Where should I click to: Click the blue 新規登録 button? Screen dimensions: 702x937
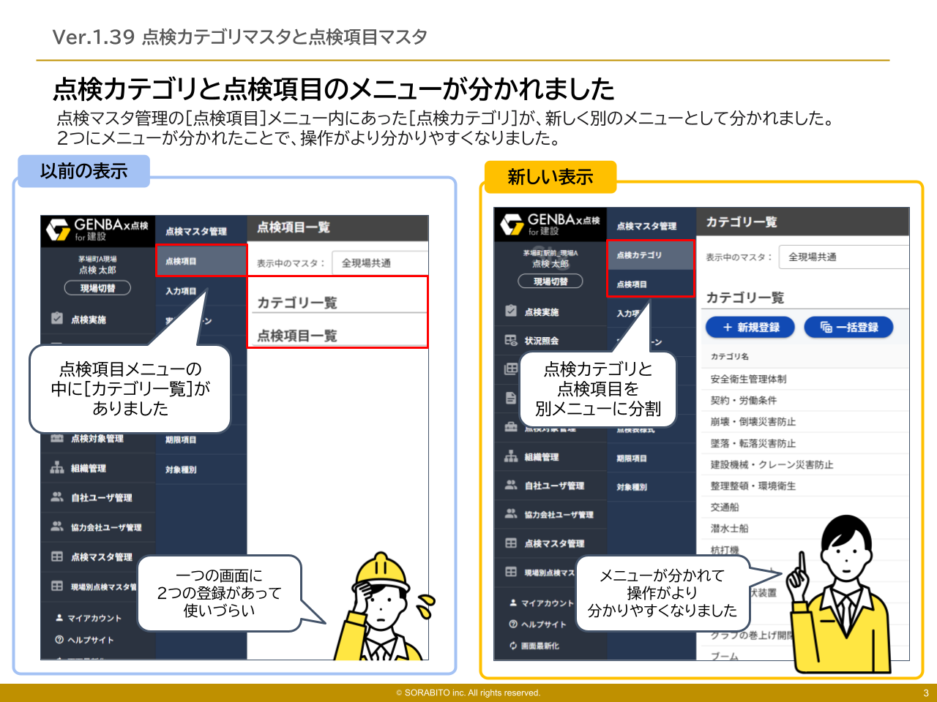click(x=750, y=327)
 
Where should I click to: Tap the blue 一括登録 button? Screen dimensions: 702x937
click(x=848, y=327)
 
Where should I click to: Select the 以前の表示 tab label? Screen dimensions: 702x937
click(x=83, y=171)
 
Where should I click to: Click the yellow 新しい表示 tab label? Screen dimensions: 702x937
click(x=550, y=177)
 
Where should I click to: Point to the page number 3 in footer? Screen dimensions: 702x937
click(x=925, y=693)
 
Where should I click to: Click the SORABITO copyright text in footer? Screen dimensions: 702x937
click(x=468, y=693)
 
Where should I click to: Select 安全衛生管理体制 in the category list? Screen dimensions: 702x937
click(x=748, y=379)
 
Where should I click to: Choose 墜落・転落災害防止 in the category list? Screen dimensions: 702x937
click(x=753, y=443)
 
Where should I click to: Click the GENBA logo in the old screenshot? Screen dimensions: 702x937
click(x=97, y=229)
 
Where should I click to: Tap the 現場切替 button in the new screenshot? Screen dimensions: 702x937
click(x=550, y=282)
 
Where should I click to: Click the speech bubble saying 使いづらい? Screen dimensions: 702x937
click(x=219, y=593)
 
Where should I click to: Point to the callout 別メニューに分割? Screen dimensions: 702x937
click(x=597, y=389)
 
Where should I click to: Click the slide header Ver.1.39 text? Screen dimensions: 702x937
click(x=239, y=37)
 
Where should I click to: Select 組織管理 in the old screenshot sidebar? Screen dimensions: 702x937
click(x=88, y=468)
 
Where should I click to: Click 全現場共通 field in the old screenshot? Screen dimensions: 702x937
click(x=378, y=263)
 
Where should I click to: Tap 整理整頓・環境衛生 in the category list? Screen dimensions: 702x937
click(x=753, y=486)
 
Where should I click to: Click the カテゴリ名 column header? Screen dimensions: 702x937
click(x=729, y=356)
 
